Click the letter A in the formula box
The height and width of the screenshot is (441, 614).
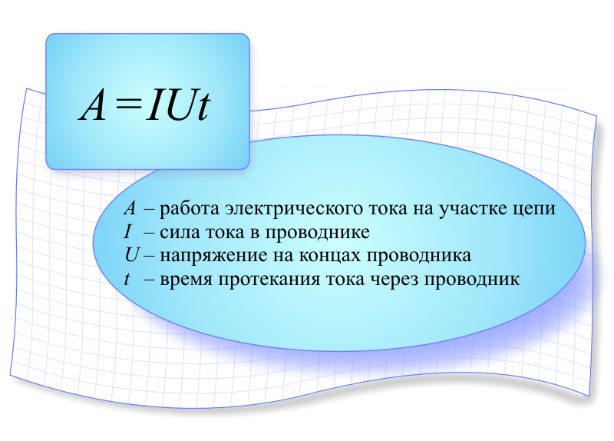point(92,105)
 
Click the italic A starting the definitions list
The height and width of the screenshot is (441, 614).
point(130,208)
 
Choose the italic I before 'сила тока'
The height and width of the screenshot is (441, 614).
point(127,232)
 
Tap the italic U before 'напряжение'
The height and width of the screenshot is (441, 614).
point(132,255)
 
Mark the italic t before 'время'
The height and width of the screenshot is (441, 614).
point(127,279)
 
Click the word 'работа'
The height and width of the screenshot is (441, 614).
point(190,209)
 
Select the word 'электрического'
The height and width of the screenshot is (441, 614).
point(297,210)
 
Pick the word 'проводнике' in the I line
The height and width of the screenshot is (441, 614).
point(317,234)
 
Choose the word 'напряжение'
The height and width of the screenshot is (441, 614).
point(214,257)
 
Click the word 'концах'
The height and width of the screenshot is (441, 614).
point(330,256)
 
